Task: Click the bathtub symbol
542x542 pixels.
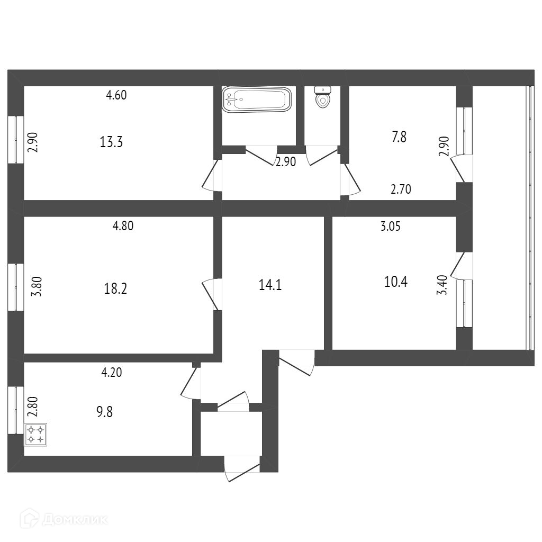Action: click(257, 99)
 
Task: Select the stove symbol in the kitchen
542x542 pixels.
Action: click(35, 434)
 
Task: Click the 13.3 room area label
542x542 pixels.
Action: click(111, 142)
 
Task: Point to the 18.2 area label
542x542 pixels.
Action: click(115, 289)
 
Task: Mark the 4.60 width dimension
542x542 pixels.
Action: click(116, 96)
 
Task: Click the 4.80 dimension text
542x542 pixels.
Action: click(123, 226)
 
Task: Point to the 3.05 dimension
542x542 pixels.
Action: click(390, 227)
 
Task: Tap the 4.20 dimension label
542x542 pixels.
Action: click(112, 372)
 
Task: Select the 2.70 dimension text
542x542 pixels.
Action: click(401, 189)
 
